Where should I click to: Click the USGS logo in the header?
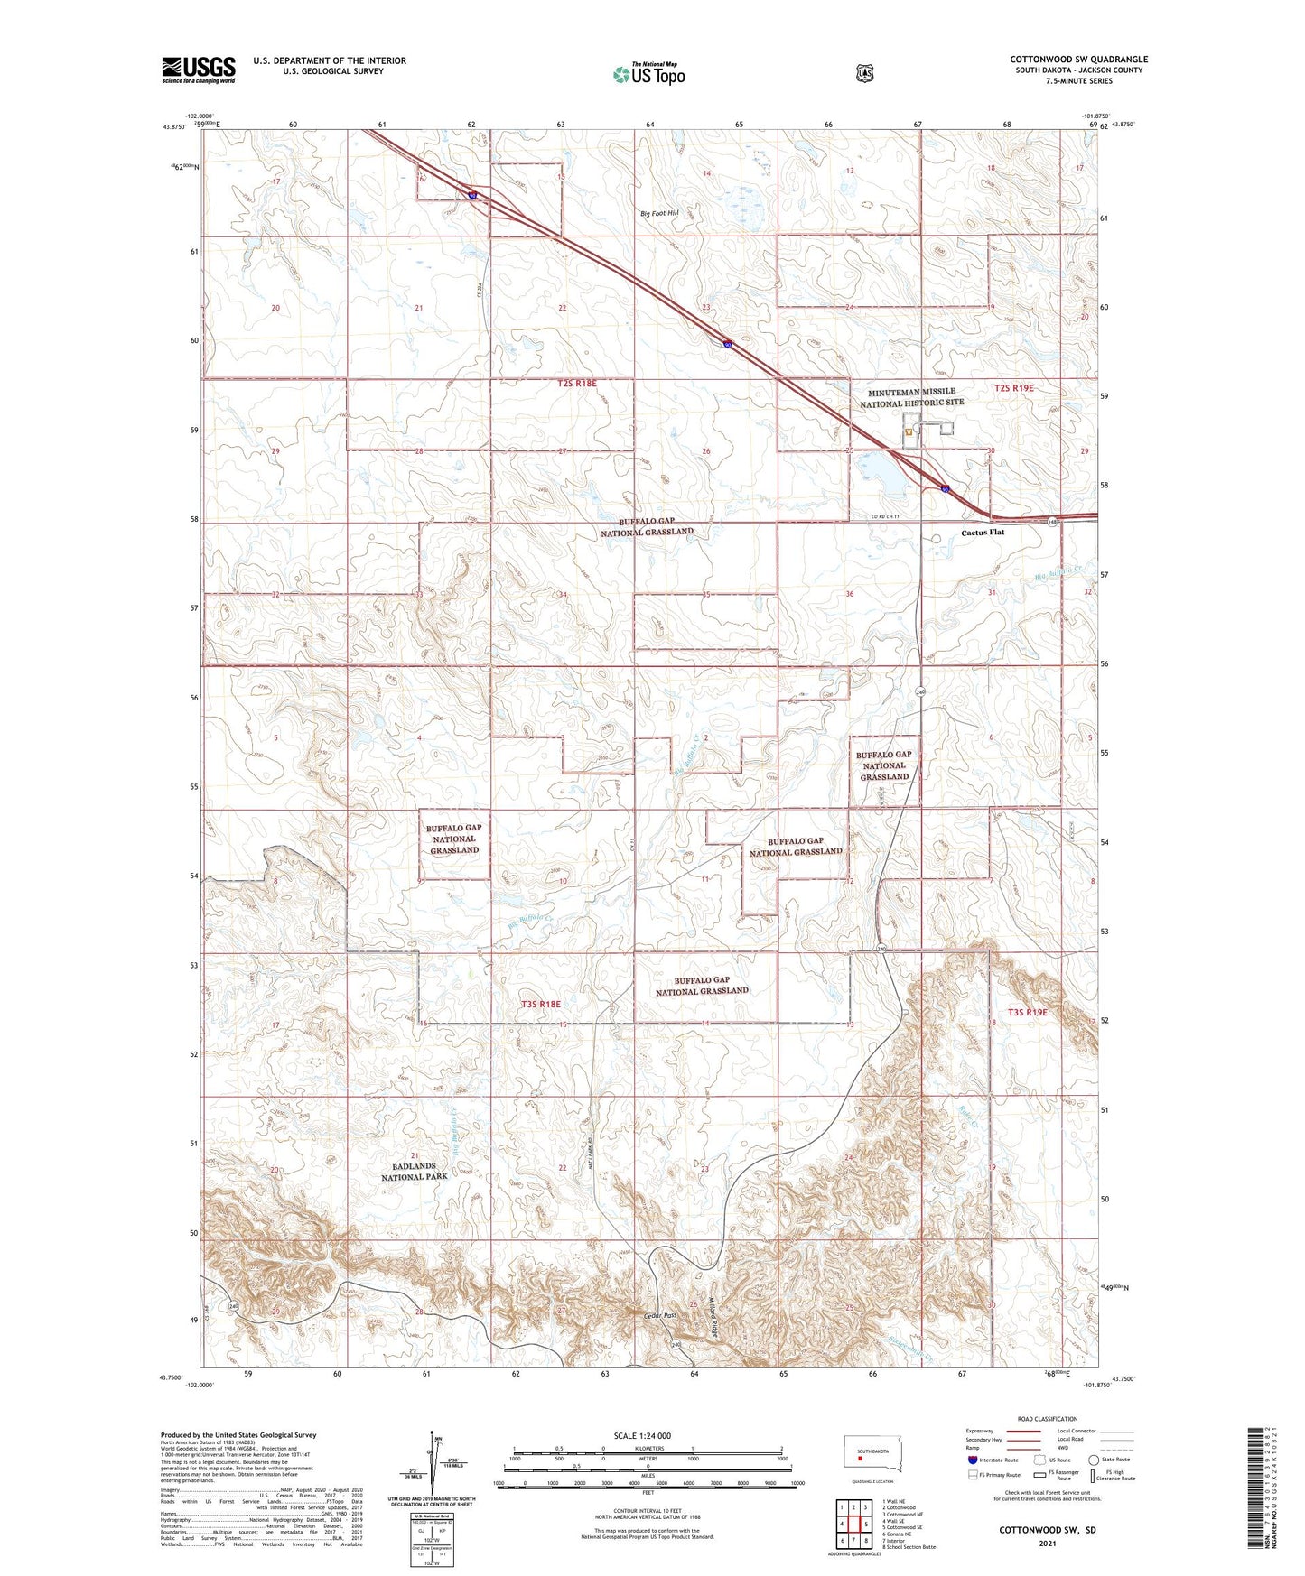pos(198,70)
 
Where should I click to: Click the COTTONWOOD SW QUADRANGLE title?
pos(1078,60)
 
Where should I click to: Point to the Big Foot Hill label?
pos(659,214)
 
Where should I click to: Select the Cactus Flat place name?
pos(982,533)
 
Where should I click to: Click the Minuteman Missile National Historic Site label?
pos(911,398)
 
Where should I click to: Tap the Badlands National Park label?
pos(414,1172)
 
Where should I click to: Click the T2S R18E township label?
pos(576,384)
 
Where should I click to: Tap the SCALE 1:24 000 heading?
pos(641,1435)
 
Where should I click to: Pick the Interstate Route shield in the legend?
pos(972,1460)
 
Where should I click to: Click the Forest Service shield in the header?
pos(864,73)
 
